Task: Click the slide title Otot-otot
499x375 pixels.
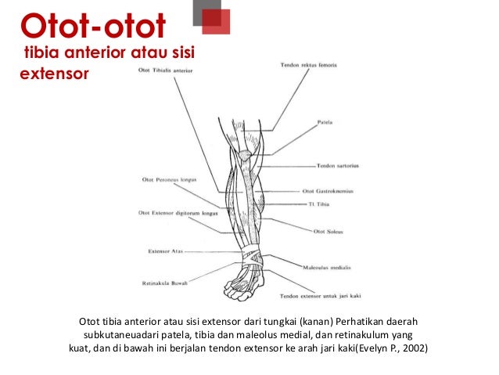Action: [x=92, y=27]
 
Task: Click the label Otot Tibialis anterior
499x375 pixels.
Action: [x=164, y=71]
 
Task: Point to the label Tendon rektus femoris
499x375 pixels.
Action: [x=307, y=64]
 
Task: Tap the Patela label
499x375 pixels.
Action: [x=325, y=122]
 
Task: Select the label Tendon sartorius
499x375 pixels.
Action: [x=337, y=165]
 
